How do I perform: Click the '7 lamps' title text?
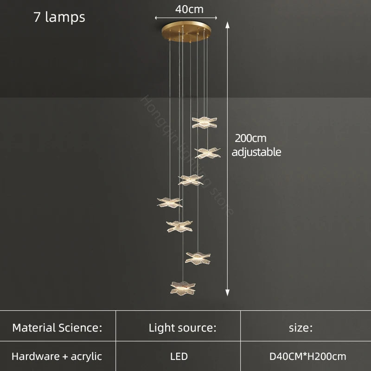pos(59,17)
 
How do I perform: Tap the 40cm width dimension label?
pos(189,9)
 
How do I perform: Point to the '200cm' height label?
pos(250,138)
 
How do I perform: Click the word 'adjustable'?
pos(256,152)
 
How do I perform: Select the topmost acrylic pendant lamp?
pos(205,122)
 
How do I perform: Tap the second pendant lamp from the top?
pos(207,153)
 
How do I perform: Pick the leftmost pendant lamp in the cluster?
pos(170,202)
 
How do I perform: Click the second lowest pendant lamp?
pos(198,257)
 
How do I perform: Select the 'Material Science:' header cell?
pos(57,328)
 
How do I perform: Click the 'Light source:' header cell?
pos(182,328)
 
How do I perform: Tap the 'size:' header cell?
pos(301,328)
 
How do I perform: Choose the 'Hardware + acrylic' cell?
pos(57,357)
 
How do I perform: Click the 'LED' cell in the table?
pos(179,357)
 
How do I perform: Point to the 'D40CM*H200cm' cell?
pos(308,357)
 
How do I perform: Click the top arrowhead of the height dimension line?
pos(228,23)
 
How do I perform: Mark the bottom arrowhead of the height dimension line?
pos(228,293)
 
